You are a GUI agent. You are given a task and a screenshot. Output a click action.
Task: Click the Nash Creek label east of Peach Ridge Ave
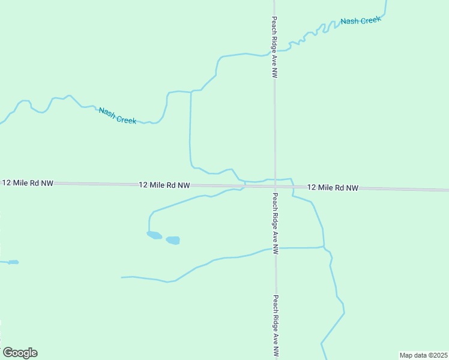pyautogui.click(x=361, y=21)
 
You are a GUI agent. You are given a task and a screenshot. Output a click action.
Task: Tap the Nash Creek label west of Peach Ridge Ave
pyautogui.click(x=117, y=115)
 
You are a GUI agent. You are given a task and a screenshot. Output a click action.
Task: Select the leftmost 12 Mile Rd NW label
pyautogui.click(x=28, y=182)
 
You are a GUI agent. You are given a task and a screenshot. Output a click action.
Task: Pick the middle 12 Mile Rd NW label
pyautogui.click(x=164, y=185)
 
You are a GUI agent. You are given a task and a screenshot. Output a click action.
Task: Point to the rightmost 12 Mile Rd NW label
pyautogui.click(x=333, y=188)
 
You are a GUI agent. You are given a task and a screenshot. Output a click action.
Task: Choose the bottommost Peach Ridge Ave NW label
pyautogui.click(x=276, y=326)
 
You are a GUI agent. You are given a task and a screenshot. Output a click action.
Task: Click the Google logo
pyautogui.click(x=20, y=353)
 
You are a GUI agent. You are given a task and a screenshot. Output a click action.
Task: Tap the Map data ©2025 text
pyautogui.click(x=423, y=355)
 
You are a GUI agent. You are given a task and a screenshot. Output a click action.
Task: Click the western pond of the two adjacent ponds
pyautogui.click(x=154, y=235)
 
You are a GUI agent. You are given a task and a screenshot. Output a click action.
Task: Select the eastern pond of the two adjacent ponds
pyautogui.click(x=173, y=240)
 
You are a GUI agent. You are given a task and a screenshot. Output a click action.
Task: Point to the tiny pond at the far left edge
pyautogui.click(x=13, y=262)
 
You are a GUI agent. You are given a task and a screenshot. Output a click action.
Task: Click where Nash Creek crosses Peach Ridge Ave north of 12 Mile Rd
pyautogui.click(x=274, y=53)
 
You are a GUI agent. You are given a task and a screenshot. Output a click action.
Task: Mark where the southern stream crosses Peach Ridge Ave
pyautogui.click(x=276, y=248)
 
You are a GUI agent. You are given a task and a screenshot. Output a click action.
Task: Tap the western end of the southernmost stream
pyautogui.click(x=122, y=277)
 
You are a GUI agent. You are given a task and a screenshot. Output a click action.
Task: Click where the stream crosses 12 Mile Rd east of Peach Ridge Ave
pyautogui.click(x=293, y=188)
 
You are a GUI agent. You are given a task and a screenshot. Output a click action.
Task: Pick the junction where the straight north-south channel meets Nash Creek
pyautogui.click(x=191, y=92)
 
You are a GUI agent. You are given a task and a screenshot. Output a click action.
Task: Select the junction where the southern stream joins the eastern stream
pyautogui.click(x=324, y=247)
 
